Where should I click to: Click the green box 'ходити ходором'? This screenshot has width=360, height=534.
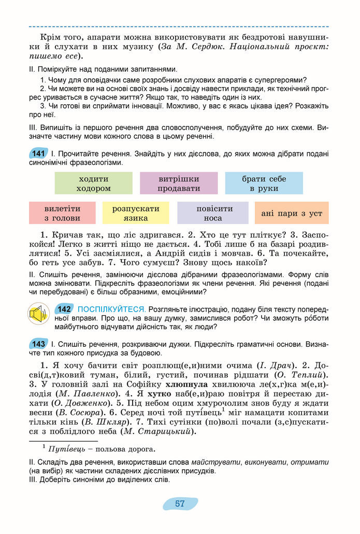pyautogui.click(x=93, y=183)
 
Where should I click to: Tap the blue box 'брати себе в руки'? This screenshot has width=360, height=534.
pyautogui.click(x=264, y=183)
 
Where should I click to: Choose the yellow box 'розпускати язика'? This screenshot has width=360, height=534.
pyautogui.click(x=136, y=213)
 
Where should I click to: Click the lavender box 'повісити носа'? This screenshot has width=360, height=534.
pyautogui.click(x=214, y=213)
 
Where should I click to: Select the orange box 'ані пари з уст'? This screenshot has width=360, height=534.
pyautogui.click(x=292, y=213)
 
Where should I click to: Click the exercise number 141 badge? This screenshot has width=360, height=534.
pyautogui.click(x=38, y=153)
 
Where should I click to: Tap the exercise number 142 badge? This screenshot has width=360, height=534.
pyautogui.click(x=65, y=309)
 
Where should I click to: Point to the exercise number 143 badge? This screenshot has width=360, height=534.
pyautogui.click(x=38, y=344)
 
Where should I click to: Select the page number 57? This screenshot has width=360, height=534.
pyautogui.click(x=180, y=503)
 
